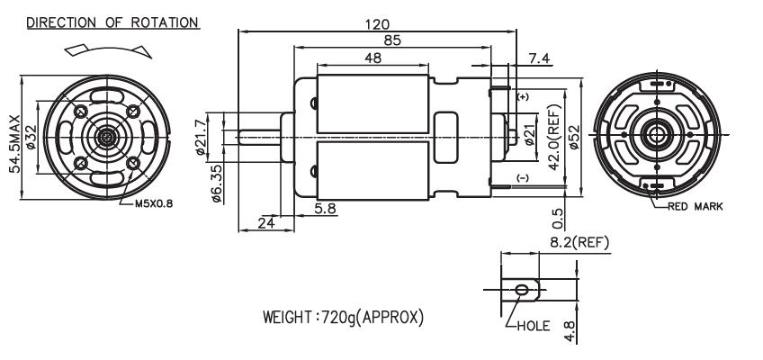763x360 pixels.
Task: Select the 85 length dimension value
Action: point(391,40)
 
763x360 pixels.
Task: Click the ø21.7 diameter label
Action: point(202,137)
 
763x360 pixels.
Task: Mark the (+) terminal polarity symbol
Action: point(523,94)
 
